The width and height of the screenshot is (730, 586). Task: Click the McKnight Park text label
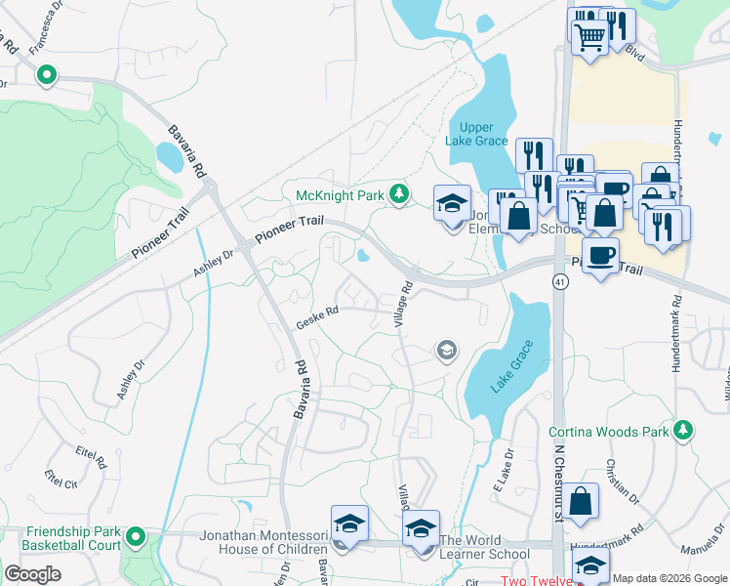coord(340,195)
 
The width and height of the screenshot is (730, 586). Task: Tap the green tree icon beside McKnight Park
coord(398,195)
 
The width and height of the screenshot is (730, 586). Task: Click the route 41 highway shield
coord(559,281)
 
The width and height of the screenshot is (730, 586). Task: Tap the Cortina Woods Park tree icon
coord(684,430)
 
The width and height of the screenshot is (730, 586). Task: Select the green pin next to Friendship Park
coord(136,535)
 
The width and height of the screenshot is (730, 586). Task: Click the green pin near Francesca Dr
coord(46,74)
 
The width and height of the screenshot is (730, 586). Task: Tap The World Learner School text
coord(485,547)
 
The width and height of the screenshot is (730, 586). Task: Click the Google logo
coord(33,574)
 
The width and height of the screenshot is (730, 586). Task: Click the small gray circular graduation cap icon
coord(446,351)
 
